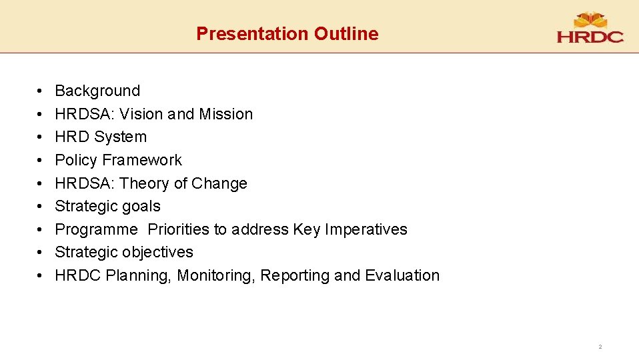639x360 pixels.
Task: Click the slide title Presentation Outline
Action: click(x=287, y=34)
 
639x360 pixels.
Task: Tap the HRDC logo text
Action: click(x=590, y=37)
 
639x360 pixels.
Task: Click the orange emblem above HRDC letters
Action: click(x=590, y=19)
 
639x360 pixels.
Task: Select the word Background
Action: click(x=97, y=91)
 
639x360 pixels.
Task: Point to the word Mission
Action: click(x=225, y=114)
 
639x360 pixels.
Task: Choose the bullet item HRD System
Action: click(x=101, y=137)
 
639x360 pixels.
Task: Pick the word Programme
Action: click(x=96, y=229)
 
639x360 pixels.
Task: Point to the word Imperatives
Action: click(x=366, y=229)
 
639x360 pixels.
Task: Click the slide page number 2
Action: click(x=600, y=347)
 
